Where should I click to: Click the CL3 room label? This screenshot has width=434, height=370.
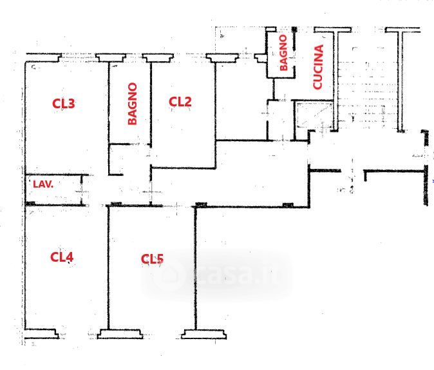coord(63,103)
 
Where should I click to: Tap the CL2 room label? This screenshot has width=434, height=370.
coord(180,102)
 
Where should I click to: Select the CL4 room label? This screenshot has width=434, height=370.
coord(62,257)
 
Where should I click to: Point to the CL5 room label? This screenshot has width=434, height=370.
coord(152,259)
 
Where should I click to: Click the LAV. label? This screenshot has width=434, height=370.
coord(43,184)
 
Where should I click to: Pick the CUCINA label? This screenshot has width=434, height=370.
coord(318,67)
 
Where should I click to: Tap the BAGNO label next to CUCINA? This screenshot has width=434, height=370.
coord(283,53)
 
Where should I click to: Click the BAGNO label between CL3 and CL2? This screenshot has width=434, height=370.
coord(132,104)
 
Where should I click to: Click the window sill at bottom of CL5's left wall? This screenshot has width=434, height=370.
coord(120,334)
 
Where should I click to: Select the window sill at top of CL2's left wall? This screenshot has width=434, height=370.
coord(158,57)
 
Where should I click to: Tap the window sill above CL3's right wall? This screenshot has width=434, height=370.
coord(111,57)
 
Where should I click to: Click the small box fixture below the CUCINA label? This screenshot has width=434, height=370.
coord(314,115)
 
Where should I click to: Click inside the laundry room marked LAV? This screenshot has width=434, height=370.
coord(53,190)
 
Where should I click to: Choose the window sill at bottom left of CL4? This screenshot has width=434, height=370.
coord(41,334)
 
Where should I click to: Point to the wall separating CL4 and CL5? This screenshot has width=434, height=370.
coord(108,268)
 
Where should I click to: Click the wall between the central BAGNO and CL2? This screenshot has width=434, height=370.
coord(151,104)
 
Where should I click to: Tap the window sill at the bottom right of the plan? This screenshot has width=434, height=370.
coord(203,335)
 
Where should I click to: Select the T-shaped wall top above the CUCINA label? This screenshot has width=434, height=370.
coord(333,30)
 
